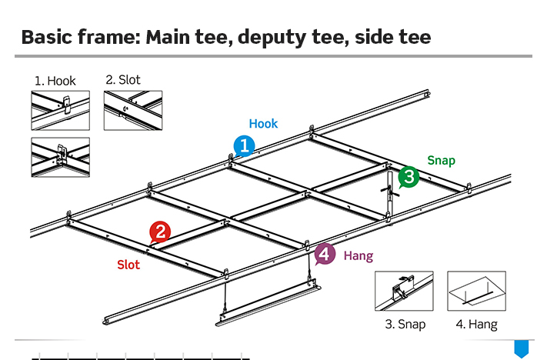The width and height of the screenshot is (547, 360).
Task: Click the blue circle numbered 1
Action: tap(244, 145)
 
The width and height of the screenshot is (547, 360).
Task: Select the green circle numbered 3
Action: tap(408, 177)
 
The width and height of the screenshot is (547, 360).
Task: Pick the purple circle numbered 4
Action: tap(325, 254)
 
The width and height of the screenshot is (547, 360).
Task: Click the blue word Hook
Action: tap(263, 124)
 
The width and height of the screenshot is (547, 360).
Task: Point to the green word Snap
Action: tap(441, 161)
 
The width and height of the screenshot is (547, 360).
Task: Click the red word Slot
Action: tap(128, 265)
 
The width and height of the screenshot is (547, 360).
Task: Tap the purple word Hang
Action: tap(358, 255)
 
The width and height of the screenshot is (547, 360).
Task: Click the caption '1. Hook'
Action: tap(55, 81)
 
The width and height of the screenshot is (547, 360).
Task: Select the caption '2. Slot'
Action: tap(123, 79)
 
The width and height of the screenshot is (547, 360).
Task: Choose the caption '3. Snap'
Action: tap(405, 324)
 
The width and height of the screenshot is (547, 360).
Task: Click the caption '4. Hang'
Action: tap(476, 324)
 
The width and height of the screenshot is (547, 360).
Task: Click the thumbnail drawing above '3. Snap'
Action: tap(404, 291)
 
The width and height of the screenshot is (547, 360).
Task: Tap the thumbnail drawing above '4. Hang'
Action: tap(476, 291)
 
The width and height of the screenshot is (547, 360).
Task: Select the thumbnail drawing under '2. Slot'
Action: tap(133, 110)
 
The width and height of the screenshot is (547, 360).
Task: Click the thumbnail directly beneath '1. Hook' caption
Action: tap(60, 110)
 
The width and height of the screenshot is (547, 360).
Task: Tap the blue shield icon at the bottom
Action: tap(521, 348)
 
